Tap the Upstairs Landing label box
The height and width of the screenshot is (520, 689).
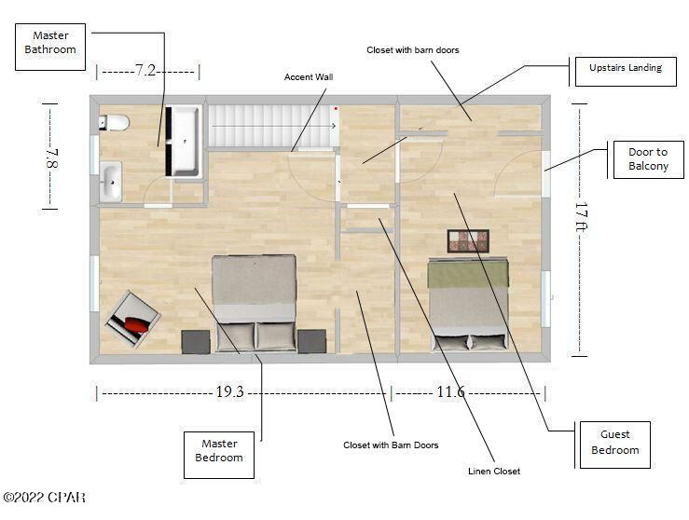(625, 68)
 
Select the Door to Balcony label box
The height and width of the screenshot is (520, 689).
(648, 159)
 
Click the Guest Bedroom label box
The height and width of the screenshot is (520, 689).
(614, 442)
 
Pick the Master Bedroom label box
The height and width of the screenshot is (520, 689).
(219, 451)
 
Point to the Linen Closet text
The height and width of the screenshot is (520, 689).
(493, 472)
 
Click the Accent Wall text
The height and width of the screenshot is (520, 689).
(309, 77)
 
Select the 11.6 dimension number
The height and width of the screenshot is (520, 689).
(450, 392)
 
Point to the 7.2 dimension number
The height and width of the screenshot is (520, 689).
(145, 71)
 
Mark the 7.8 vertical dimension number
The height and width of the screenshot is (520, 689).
(53, 156)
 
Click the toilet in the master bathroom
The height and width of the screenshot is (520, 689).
(115, 122)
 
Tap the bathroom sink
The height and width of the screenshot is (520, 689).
(111, 181)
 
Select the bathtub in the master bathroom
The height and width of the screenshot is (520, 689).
(183, 141)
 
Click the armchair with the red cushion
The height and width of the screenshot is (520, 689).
(131, 319)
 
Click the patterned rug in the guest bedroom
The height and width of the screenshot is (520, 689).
(468, 241)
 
